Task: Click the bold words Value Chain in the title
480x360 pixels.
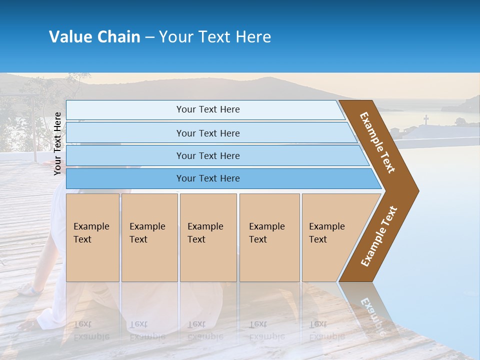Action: pos(94,37)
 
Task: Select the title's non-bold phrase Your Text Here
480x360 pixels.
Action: pos(215,37)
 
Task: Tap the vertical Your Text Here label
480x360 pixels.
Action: pos(57,143)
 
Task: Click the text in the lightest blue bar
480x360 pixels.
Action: pos(208,109)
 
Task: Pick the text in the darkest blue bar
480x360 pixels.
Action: pos(208,178)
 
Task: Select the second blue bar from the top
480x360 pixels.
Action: pos(208,133)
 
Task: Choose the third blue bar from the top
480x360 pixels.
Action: pos(208,155)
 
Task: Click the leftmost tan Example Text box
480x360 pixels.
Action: pos(92,237)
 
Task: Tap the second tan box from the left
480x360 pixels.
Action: pos(149,237)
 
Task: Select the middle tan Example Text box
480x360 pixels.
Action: pos(208,237)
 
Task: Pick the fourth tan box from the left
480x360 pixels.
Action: pos(269,237)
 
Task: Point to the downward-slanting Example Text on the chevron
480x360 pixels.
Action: pos(378,142)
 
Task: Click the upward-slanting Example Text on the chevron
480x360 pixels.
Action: pos(379,236)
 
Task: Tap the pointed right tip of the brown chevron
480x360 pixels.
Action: pos(417,191)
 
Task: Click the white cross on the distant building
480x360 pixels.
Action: pos(426,119)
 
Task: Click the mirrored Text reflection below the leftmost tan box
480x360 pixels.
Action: pos(82,324)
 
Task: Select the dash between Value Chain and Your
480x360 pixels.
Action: pos(149,37)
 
